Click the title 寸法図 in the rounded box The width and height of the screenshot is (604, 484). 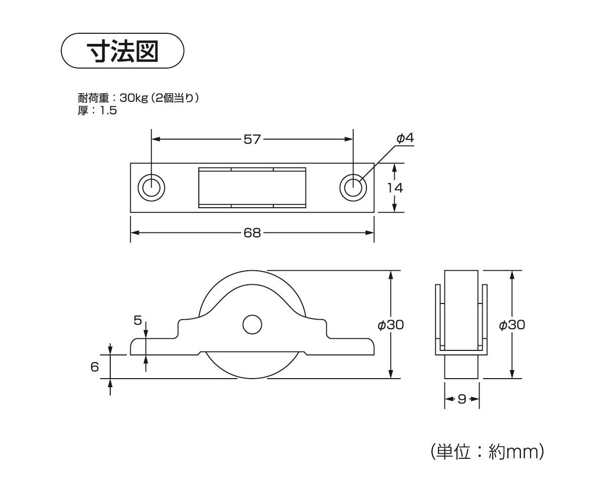123,51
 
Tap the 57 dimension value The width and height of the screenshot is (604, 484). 252,139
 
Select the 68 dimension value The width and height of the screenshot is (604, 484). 252,232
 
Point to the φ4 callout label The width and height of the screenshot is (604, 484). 405,138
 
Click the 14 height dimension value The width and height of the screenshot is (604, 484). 395,188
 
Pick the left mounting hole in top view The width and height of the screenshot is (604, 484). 151,188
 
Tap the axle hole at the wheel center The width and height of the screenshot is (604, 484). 252,325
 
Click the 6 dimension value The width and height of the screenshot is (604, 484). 95,367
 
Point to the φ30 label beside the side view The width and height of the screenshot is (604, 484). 391,325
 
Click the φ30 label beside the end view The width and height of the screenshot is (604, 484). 511,325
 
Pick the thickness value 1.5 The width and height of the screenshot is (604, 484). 108,110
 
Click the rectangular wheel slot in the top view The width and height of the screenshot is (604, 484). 252,188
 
